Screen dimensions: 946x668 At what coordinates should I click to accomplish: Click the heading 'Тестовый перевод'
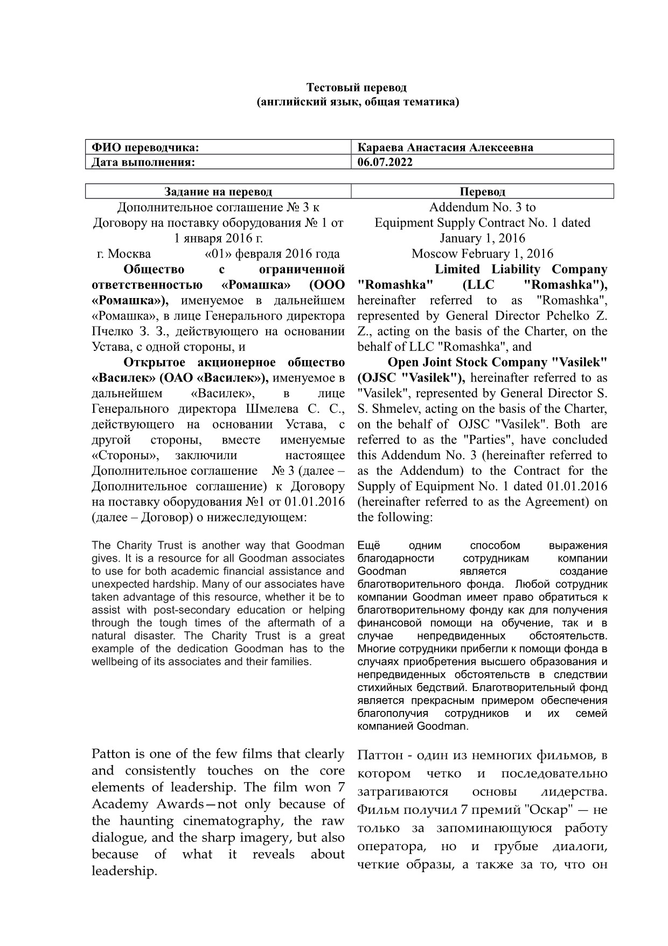(x=356, y=87)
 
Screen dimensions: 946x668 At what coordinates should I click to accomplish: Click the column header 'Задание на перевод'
(x=218, y=191)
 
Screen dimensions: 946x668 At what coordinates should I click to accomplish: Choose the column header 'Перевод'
(x=482, y=191)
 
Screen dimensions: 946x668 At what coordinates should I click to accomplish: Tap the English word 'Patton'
(x=110, y=754)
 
